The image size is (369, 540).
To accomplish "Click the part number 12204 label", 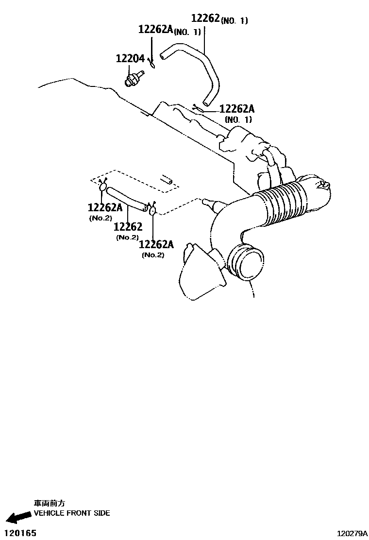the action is (130, 59).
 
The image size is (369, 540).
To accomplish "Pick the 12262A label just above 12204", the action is (155, 29).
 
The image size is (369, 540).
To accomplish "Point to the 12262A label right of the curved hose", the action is (237, 109).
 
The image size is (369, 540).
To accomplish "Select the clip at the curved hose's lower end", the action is (198, 108).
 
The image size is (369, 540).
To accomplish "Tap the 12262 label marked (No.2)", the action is (128, 227).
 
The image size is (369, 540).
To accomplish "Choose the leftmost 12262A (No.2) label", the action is (105, 208).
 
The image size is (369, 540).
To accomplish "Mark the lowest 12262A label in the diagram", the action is (156, 244).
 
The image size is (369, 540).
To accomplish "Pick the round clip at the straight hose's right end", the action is (152, 210).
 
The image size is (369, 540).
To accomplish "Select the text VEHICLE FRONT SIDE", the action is (72, 513).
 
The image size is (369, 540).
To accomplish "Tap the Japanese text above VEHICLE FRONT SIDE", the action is (49, 504).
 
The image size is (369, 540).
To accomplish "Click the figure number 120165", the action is (20, 533).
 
